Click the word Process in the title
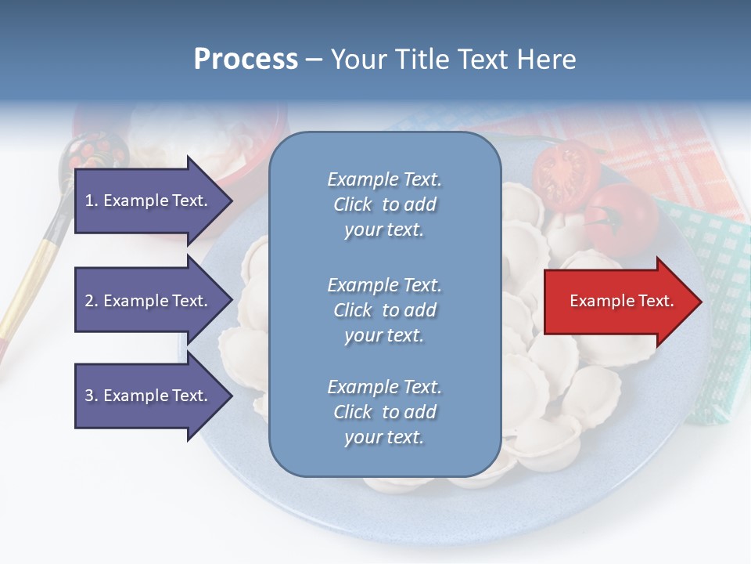pyautogui.click(x=246, y=60)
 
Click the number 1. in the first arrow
pyautogui.click(x=92, y=201)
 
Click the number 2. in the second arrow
pyautogui.click(x=92, y=301)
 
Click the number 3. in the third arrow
pyautogui.click(x=92, y=396)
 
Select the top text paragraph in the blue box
pyautogui.click(x=384, y=204)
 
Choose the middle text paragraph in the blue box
pyautogui.click(x=384, y=310)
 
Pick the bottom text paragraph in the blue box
pyautogui.click(x=384, y=412)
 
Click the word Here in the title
pyautogui.click(x=546, y=60)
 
